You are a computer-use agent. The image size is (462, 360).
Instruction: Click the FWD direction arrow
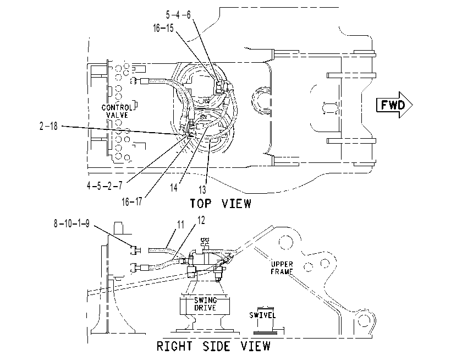[x=395, y=105]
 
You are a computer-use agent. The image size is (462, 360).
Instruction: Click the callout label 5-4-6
[x=178, y=15]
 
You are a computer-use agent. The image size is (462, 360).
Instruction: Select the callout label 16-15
[x=163, y=28]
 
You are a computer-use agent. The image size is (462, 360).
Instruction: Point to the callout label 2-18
[x=48, y=126]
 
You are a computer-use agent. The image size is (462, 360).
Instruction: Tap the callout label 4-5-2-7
[x=105, y=186]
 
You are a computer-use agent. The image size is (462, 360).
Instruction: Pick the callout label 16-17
[x=132, y=201]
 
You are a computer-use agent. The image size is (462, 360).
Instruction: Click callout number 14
[x=174, y=188]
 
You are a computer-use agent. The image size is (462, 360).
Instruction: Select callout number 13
[x=202, y=190]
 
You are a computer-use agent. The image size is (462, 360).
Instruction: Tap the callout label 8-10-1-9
[x=71, y=223]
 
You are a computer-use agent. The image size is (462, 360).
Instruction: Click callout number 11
[x=180, y=225]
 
